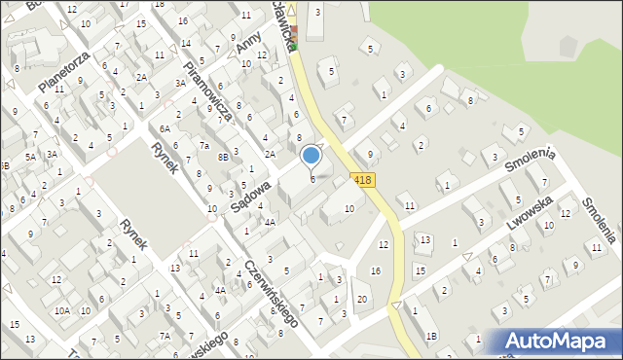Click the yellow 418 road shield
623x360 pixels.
coord(362,180)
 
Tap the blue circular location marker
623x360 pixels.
coord(311,155)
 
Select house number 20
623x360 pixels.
coord(361,299)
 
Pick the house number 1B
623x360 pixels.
coord(431,336)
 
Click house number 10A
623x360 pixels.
coord(61,310)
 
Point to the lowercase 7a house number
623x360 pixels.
coord(204,146)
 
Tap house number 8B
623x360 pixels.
coord(223,156)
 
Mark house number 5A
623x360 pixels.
coord(31,156)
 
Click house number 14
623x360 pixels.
coord(185,44)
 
